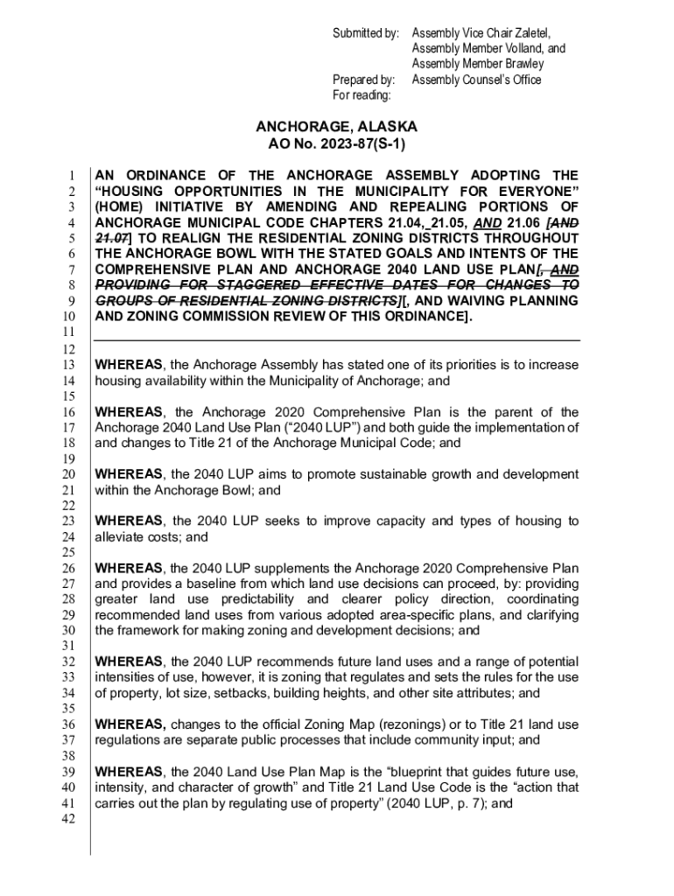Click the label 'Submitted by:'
[x=364, y=33]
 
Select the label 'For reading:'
[x=362, y=95]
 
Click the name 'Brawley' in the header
[x=523, y=64]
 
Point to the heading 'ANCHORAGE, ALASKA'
[x=336, y=127]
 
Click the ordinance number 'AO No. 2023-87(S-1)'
[x=336, y=144]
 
